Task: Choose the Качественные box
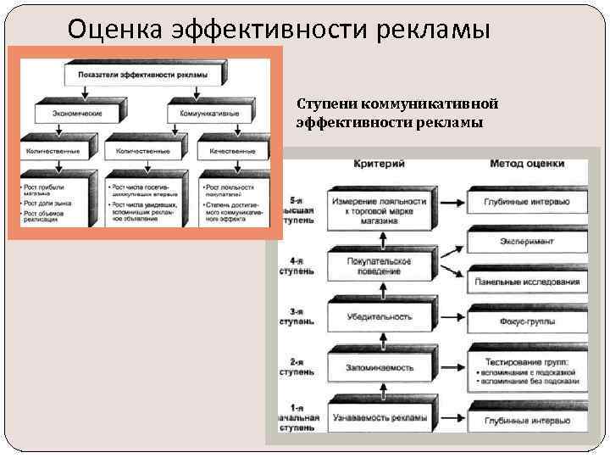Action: click(x=232, y=152)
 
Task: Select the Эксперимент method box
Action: click(x=528, y=242)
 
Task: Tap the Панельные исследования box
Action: click(x=528, y=281)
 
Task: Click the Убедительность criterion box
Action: click(x=380, y=317)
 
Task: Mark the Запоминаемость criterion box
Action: click(x=380, y=368)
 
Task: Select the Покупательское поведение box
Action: click(x=380, y=266)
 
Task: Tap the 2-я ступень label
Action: click(x=296, y=368)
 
